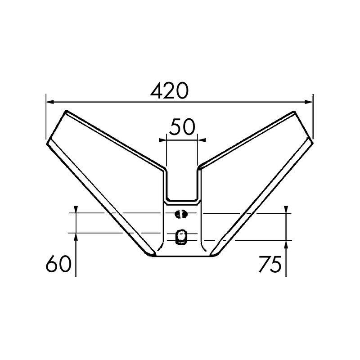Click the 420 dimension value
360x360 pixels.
point(169,91)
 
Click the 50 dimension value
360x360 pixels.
point(182,127)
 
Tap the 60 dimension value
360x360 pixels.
point(59,264)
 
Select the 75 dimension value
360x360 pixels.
point(270,264)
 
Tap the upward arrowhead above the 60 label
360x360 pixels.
point(76,237)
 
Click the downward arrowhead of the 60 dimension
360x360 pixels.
point(76,209)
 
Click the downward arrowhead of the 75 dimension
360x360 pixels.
point(287,209)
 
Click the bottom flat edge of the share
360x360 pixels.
point(182,256)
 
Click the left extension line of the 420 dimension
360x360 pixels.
point(46,117)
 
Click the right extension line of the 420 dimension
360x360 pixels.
point(313,117)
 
